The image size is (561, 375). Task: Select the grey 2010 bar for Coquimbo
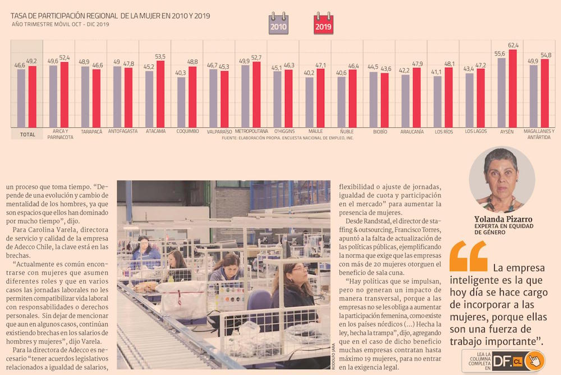coord(181,101)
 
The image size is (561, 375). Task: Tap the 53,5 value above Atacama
coord(160,57)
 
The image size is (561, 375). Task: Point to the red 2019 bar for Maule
coord(320,98)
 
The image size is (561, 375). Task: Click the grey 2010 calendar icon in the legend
coord(278,24)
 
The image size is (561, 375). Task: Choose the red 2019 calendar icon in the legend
coord(323,24)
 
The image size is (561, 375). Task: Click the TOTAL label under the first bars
coord(27,135)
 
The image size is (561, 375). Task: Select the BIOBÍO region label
coord(380,132)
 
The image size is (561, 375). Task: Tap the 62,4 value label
coord(513,45)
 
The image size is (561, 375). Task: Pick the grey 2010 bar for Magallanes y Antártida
coord(534,96)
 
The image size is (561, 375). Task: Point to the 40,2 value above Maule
coord(309,72)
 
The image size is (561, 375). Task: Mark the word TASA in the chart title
coord(21,16)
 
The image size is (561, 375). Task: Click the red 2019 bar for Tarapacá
coord(96,98)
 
